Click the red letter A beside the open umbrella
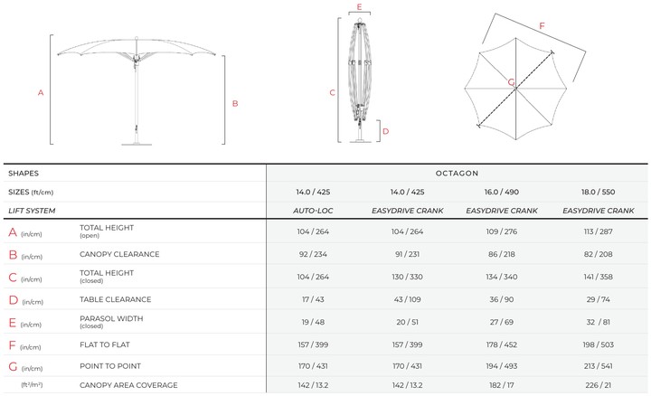click(x=41, y=92)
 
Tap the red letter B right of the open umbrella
click(x=235, y=103)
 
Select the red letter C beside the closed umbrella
click(x=332, y=92)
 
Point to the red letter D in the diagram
click(x=386, y=131)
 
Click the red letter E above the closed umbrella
click(x=360, y=6)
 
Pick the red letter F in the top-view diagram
click(x=542, y=25)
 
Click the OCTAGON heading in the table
click(x=457, y=173)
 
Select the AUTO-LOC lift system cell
click(x=313, y=211)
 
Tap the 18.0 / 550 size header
click(x=599, y=192)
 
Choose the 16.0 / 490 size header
click(x=502, y=192)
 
